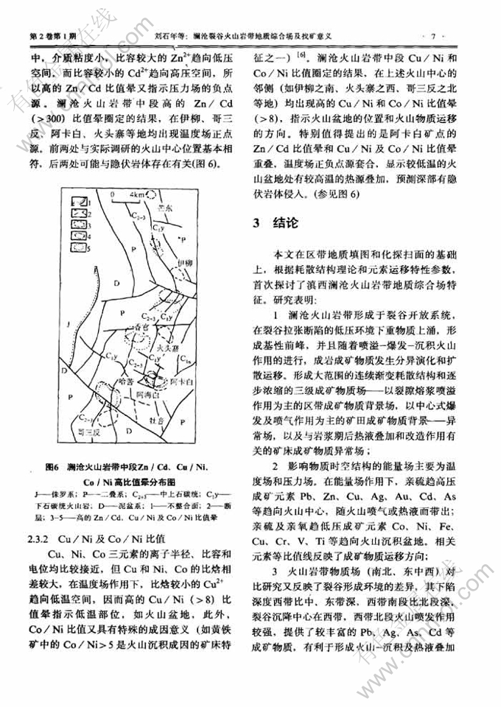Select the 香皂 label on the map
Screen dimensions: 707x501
coord(137,324)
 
